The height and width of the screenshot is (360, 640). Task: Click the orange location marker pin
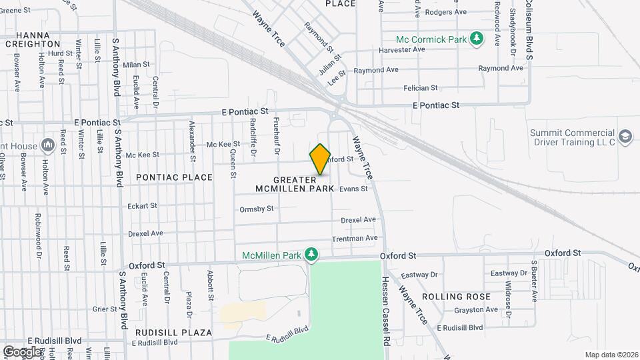[321, 159]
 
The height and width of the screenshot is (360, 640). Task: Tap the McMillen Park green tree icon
[310, 255]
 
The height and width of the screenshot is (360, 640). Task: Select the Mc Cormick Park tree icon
[476, 39]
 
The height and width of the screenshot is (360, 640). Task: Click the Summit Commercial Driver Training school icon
[625, 137]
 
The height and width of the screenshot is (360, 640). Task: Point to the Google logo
[21, 351]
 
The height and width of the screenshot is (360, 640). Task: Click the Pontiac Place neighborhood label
[174, 177]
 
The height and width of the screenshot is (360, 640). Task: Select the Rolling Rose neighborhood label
[465, 297]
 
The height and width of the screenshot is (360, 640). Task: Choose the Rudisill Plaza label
[173, 332]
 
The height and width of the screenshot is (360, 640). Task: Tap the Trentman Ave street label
[355, 238]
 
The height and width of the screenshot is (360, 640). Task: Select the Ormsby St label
[257, 209]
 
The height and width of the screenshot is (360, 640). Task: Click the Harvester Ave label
[401, 49]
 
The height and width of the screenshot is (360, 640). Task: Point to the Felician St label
[420, 88]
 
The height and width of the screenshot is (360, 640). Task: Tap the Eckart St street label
[142, 206]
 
